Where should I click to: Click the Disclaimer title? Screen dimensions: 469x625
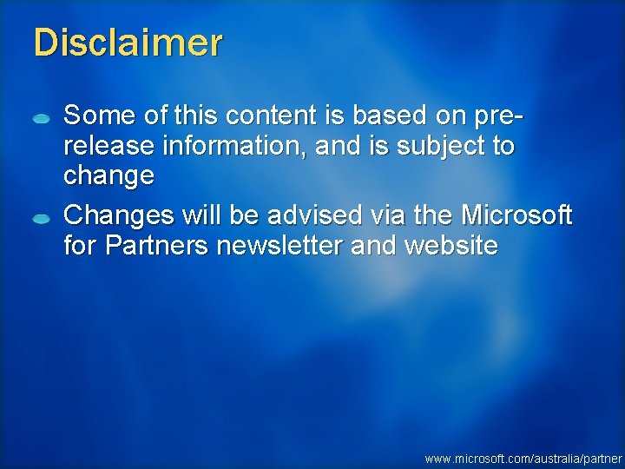[128, 43]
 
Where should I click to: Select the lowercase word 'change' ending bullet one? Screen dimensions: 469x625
[109, 177]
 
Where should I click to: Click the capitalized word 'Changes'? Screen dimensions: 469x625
[118, 215]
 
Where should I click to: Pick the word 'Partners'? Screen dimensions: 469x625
[156, 246]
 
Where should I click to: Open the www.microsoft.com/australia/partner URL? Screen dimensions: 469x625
[523, 458]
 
